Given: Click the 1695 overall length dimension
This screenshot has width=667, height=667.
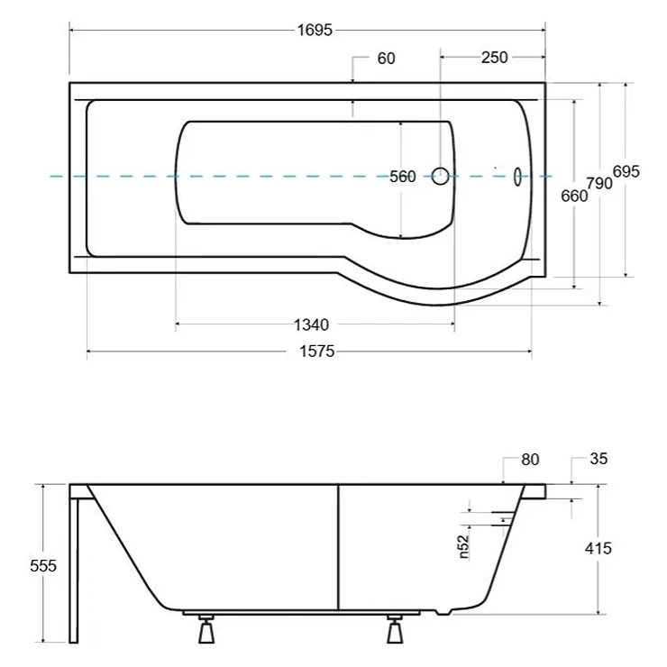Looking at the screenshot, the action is [315, 31].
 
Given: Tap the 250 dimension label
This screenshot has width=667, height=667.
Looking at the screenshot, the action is [494, 58].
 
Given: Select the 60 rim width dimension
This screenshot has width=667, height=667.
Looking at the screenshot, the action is [387, 59].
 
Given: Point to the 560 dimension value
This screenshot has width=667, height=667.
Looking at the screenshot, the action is [402, 177].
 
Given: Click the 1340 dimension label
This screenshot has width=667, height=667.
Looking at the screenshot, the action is [312, 325].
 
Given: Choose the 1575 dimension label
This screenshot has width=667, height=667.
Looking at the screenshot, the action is [317, 352].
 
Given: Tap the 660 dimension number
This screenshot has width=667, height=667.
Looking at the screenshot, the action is [574, 196].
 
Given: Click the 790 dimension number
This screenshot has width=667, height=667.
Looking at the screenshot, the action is [599, 183].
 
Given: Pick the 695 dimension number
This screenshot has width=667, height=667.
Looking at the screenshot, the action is [626, 172].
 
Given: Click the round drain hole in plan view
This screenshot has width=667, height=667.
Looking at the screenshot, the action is [440, 176].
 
